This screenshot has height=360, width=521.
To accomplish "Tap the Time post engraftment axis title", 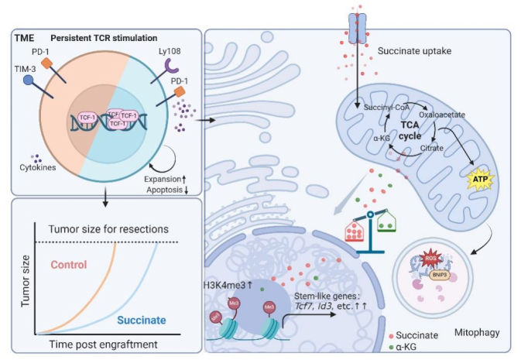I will (x=109, y=343).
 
